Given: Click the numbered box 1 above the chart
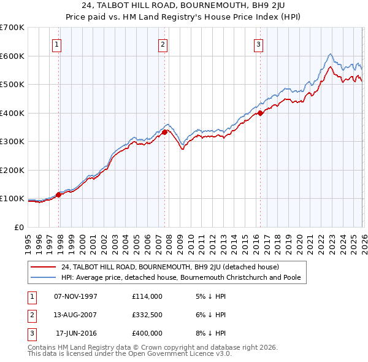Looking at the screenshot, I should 56,44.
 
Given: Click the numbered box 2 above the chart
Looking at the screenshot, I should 163,44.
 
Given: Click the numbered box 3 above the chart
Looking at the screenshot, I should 258,44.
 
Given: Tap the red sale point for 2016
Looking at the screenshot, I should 261,113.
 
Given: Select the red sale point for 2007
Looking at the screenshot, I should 165,132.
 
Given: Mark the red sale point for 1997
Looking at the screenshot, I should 59,194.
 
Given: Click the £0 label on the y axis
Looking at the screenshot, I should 19,227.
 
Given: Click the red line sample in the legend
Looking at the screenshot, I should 44,267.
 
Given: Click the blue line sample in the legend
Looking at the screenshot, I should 44,278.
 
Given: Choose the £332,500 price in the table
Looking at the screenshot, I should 147,315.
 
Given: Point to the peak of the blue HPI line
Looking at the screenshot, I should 330,54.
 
